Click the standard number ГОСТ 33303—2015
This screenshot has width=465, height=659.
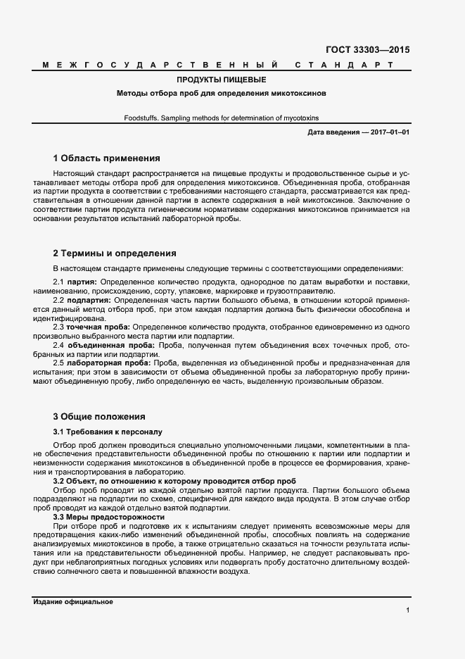pyautogui.click(x=368, y=50)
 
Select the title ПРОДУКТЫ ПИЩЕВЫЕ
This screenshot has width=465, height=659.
pyautogui.click(x=222, y=80)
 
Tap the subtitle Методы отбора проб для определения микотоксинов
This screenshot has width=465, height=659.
pyautogui.click(x=222, y=93)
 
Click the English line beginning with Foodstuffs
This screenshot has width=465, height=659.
pyautogui.click(x=222, y=118)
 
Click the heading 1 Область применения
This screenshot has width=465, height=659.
pyautogui.click(x=107, y=158)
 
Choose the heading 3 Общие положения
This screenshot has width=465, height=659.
pyautogui.click(x=99, y=416)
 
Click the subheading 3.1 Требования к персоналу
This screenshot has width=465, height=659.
pyautogui.click(x=108, y=431)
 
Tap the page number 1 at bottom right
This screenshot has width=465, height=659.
pyautogui.click(x=408, y=610)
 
